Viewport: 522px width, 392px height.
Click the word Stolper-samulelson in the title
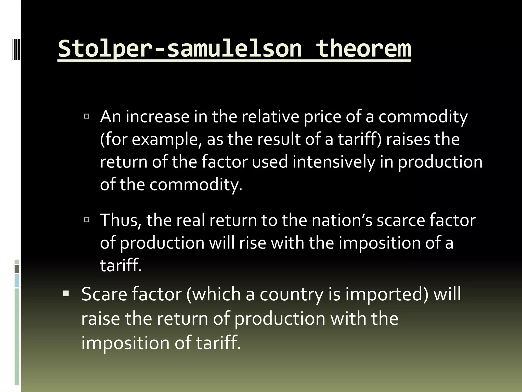[180, 48]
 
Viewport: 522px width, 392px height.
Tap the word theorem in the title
[363, 48]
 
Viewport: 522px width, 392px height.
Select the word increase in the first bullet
[157, 117]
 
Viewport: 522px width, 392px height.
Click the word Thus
[121, 220]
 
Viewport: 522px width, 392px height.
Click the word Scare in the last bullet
[104, 294]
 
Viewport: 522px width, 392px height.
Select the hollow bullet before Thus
[87, 220]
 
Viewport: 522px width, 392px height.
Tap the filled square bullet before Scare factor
[66, 294]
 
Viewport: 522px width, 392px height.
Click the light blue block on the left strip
[17, 280]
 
